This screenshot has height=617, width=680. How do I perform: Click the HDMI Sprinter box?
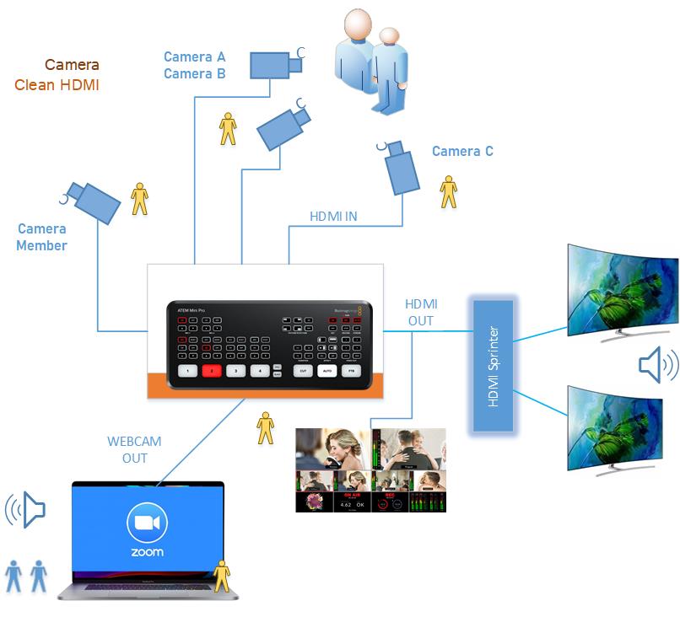coord(494,367)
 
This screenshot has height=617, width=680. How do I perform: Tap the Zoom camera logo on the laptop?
coord(147,523)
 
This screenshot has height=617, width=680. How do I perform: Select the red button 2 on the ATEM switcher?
coord(211,370)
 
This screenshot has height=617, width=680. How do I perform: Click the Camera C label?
coord(462,152)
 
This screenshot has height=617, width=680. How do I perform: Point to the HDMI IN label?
coord(333,217)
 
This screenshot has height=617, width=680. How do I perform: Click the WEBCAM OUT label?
coord(134,449)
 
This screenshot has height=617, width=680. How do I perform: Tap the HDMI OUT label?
coord(421,312)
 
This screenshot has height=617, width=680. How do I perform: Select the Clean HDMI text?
coord(57,84)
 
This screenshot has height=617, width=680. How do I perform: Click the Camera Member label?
coord(41,237)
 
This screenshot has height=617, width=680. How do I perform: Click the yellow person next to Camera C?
coord(449,191)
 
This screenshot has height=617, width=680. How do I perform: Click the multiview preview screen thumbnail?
coord(370,469)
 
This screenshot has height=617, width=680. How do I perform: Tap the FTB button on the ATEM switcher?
coord(351,370)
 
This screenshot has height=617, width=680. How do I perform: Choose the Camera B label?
coord(194,73)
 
